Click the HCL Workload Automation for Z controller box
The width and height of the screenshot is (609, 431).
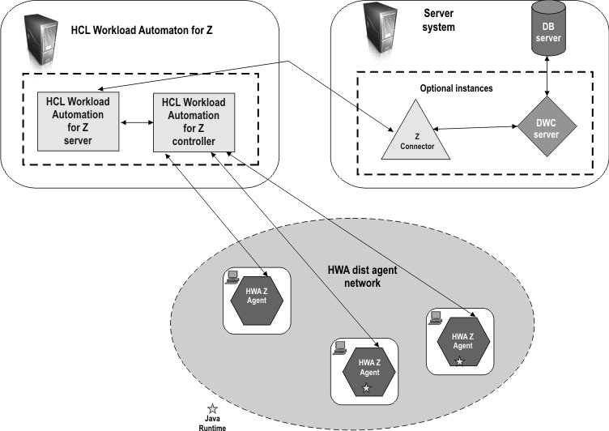194,122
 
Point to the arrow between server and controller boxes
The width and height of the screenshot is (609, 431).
137,124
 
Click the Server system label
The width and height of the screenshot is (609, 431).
440,20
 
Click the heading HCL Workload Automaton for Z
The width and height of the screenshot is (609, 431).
147,30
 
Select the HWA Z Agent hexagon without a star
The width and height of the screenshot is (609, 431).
257,298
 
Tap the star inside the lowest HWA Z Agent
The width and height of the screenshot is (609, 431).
366,389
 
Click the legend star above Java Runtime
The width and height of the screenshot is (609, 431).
212,408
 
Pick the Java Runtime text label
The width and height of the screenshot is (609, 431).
212,422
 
